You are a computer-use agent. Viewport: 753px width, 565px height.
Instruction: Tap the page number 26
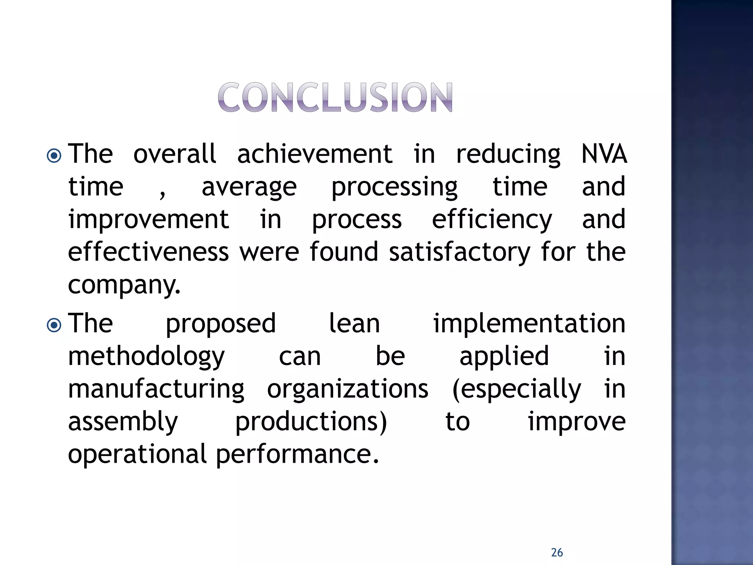point(557,552)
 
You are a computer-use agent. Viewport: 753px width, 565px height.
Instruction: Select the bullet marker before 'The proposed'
point(54,325)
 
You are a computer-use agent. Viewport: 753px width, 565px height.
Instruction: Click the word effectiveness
point(149,252)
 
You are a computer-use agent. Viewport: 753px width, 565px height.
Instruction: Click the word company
point(124,285)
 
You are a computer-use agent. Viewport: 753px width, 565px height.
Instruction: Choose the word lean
point(354,324)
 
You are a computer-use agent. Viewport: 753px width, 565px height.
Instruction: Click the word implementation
point(529,324)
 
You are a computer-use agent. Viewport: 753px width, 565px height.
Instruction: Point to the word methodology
point(146,357)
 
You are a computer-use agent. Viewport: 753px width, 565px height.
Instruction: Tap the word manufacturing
point(156,390)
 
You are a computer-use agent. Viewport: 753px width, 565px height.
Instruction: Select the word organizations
point(347,390)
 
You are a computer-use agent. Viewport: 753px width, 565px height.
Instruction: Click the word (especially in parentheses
point(517,390)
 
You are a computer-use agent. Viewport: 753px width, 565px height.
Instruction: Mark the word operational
point(138,454)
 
